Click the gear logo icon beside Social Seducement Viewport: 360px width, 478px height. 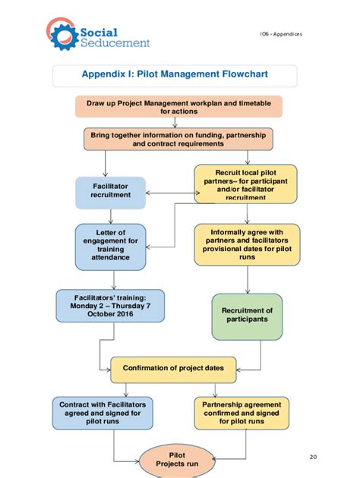(x=62, y=34)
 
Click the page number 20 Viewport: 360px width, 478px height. (x=314, y=457)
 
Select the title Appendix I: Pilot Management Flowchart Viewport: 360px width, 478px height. (x=175, y=75)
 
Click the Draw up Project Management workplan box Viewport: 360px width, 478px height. (x=178, y=106)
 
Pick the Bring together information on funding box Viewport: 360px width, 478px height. (x=178, y=138)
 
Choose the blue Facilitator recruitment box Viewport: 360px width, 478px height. (x=110, y=190)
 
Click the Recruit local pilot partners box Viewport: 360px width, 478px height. (x=245, y=184)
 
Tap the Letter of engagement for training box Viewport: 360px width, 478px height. (x=110, y=246)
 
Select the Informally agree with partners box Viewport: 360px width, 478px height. (x=246, y=245)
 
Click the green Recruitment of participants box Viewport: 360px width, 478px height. (x=247, y=315)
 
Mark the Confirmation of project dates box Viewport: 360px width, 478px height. (x=173, y=368)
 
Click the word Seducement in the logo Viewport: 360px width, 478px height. (x=115, y=43)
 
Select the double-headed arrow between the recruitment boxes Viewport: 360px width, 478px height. (x=169, y=191)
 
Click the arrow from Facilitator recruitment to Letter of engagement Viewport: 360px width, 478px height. (x=110, y=215)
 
